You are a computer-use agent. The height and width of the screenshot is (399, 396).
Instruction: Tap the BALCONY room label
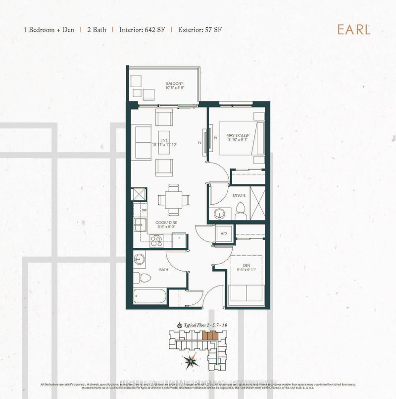(174, 84)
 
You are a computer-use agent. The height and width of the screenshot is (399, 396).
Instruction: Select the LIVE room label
(164, 141)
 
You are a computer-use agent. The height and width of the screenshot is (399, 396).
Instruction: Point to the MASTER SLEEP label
(238, 135)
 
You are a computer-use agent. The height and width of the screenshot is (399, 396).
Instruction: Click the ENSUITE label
(239, 195)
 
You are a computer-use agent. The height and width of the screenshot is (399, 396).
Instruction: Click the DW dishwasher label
(144, 210)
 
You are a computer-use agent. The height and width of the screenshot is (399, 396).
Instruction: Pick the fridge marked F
(179, 238)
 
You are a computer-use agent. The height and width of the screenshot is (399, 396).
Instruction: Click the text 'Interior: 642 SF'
(142, 29)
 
